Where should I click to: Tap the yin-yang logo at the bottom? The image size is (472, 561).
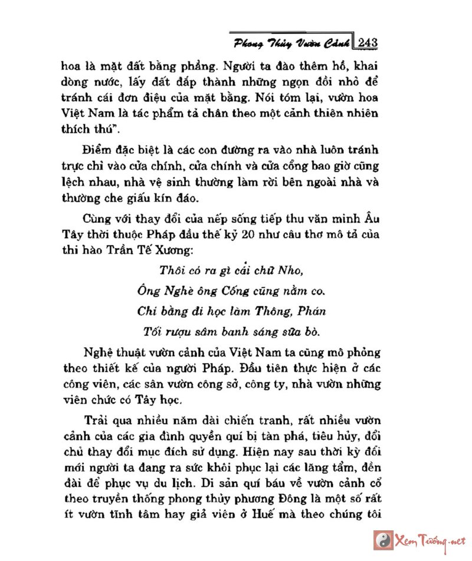(x=381, y=539)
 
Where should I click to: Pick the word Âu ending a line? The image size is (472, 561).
(x=369, y=215)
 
